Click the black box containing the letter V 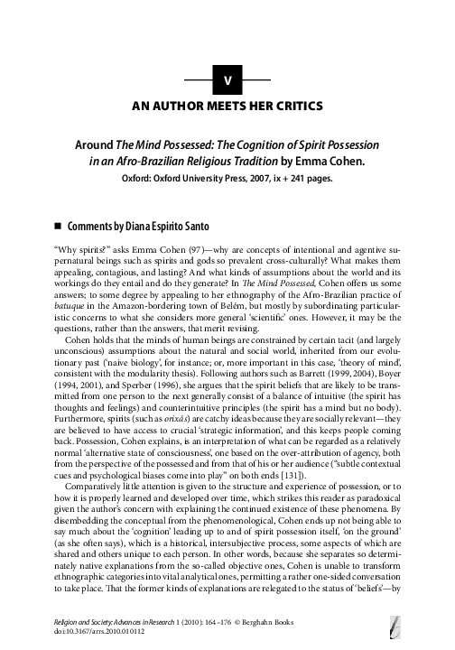click(227, 80)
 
